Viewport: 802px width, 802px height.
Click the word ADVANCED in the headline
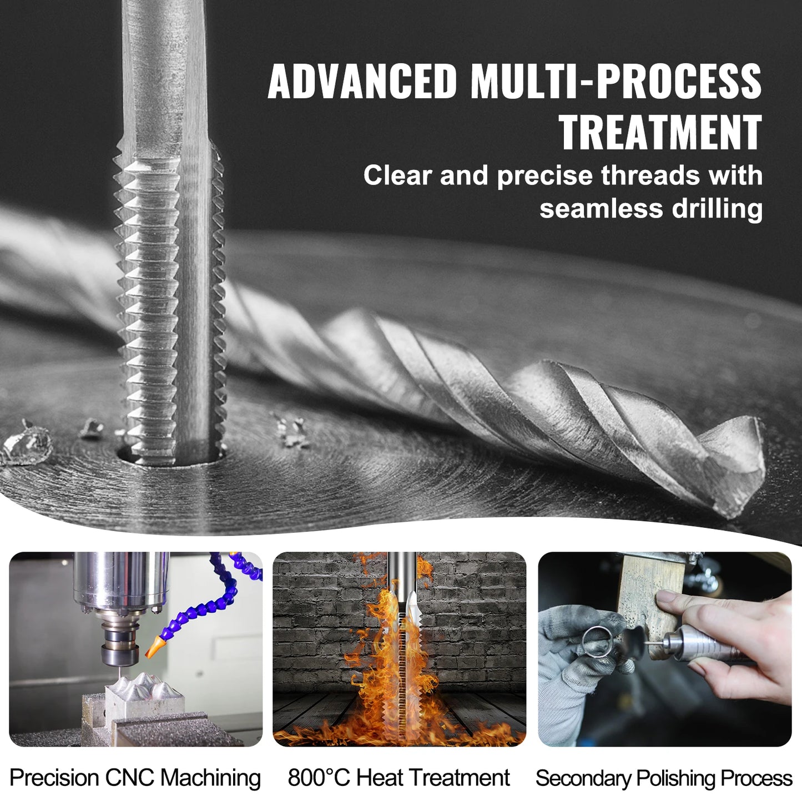(x=362, y=82)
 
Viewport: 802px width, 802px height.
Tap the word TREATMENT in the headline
(x=660, y=133)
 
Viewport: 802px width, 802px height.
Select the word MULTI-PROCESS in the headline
(x=616, y=82)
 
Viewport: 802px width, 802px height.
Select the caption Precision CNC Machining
(x=135, y=778)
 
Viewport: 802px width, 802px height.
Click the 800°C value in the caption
(x=319, y=778)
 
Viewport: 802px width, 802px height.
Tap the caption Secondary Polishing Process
(x=664, y=778)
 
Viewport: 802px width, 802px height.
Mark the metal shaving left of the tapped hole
(x=25, y=441)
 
